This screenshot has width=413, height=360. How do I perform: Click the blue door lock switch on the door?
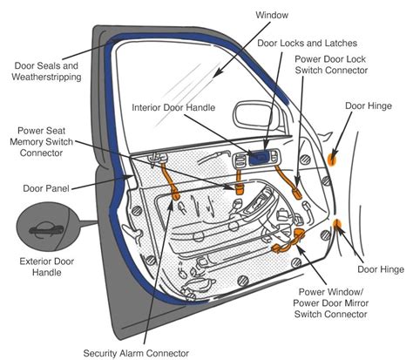tap(258, 158)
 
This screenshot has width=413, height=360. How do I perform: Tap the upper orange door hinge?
tap(332, 158)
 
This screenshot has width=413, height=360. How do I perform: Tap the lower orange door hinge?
tap(338, 228)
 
